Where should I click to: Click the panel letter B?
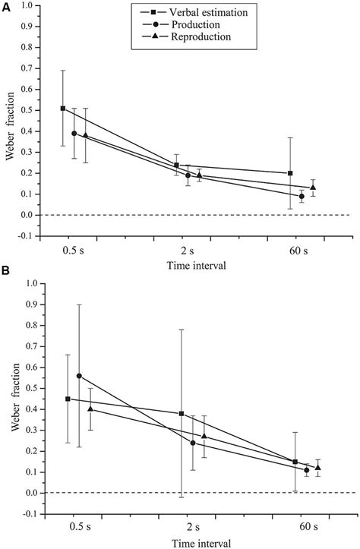[x=5, y=271]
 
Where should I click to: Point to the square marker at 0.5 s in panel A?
[x=63, y=109]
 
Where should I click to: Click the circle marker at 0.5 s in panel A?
[x=74, y=134]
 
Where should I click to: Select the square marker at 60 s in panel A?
[x=291, y=173]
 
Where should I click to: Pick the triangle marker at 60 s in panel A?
[x=313, y=188]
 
